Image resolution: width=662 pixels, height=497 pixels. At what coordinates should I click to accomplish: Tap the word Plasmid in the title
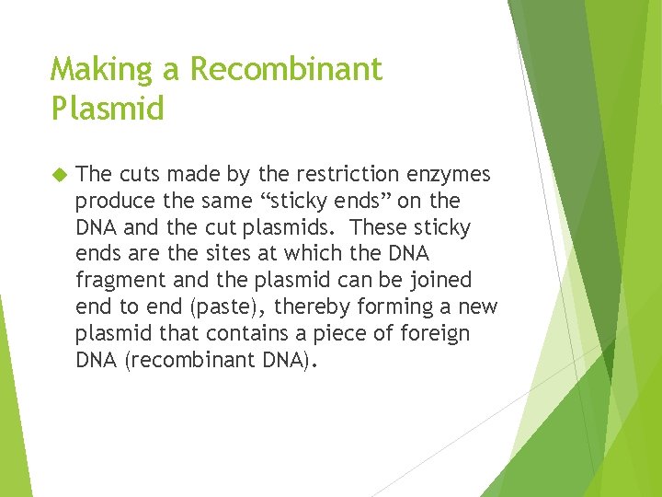[108, 109]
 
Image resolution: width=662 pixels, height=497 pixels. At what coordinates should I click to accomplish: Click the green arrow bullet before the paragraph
[60, 174]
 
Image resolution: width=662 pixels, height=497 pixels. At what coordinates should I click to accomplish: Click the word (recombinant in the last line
[185, 359]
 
